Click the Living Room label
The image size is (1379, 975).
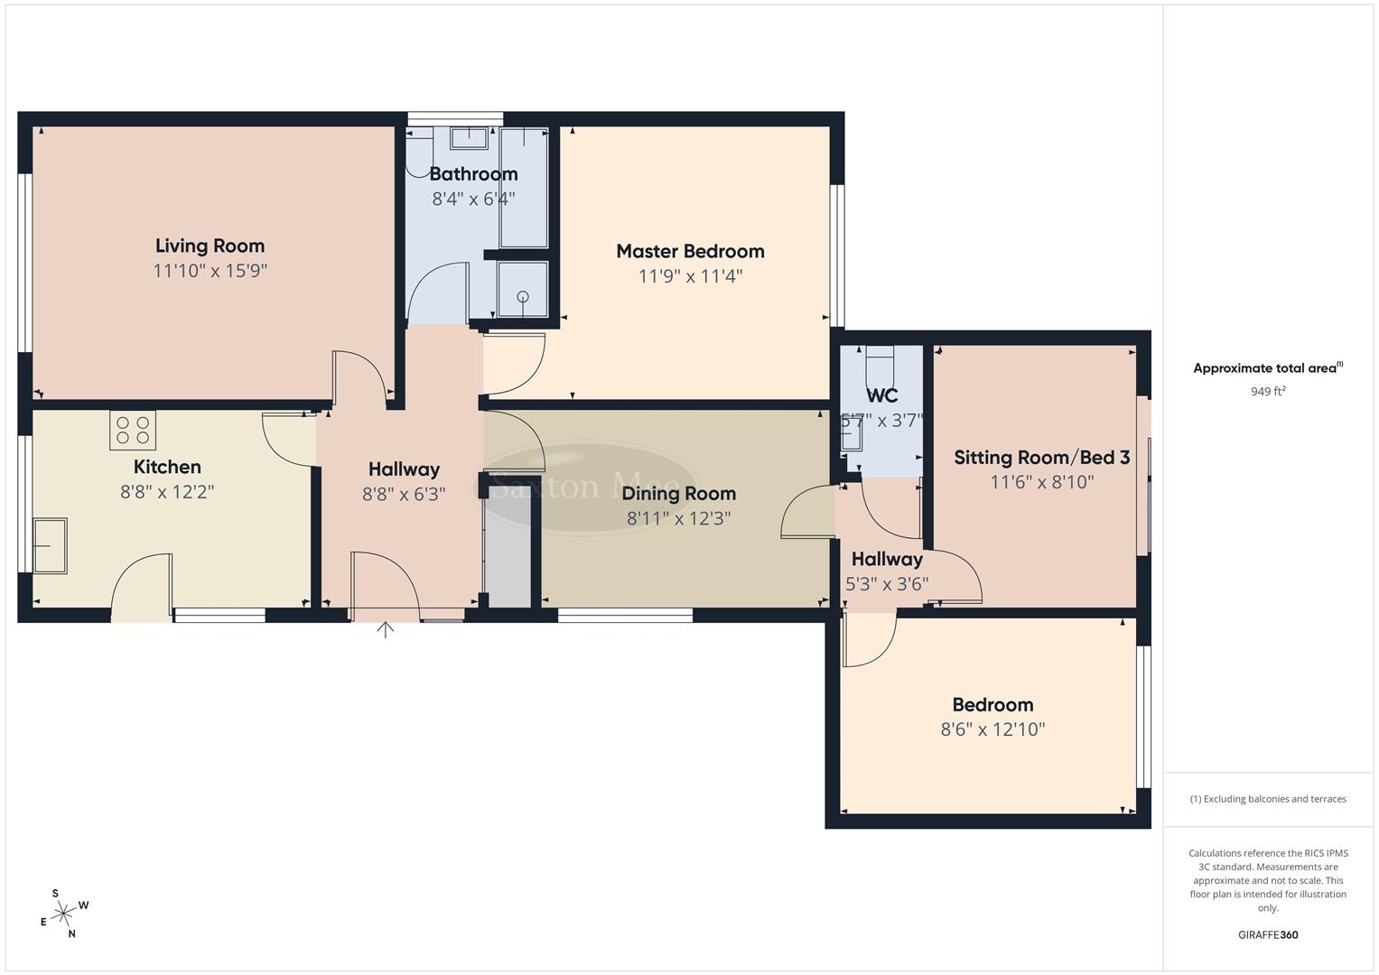coord(210,246)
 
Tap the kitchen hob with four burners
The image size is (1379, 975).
coord(133,430)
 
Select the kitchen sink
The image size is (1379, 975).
coord(50,545)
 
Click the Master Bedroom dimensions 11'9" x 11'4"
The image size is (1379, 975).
coord(690,276)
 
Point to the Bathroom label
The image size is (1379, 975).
coord(473,173)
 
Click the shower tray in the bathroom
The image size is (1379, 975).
coord(523,290)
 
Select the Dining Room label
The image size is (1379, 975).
coord(678,493)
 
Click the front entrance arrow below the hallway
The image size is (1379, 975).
coord(386,629)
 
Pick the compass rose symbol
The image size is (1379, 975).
coord(63,915)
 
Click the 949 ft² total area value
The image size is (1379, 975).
coord(1268,392)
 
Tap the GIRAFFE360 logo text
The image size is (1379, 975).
coord(1268,934)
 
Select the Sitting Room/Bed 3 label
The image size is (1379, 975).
coord(1041,458)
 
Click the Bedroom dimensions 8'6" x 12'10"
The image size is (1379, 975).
coord(992,729)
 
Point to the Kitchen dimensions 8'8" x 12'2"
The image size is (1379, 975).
coord(167,492)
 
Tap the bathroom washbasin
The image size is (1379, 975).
coord(469,138)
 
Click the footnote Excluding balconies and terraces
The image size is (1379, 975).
coord(1268,799)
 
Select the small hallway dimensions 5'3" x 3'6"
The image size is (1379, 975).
coord(887,584)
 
